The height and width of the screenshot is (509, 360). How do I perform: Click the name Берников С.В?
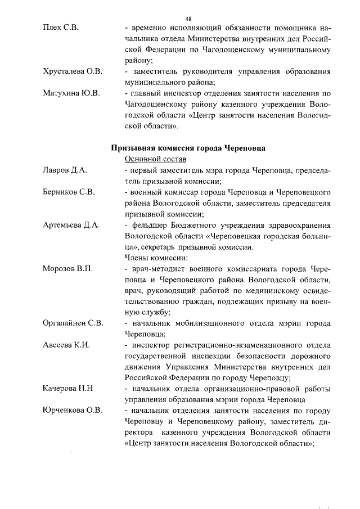(x=69, y=192)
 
